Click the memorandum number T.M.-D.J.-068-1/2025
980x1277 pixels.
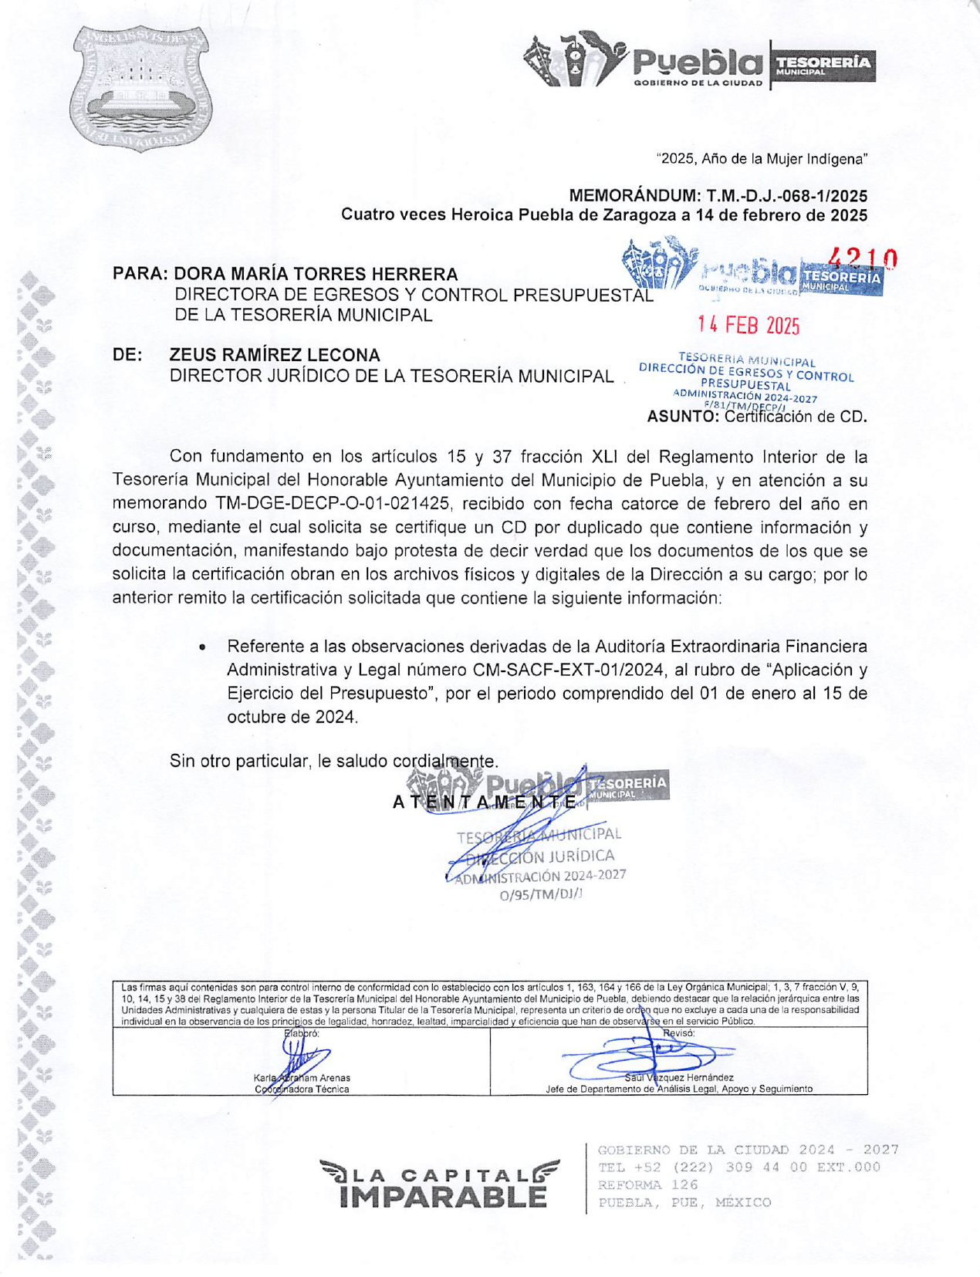pyautogui.click(x=786, y=196)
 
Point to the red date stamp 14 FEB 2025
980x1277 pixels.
pyautogui.click(x=749, y=326)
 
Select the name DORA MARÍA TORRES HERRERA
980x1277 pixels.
pyautogui.click(x=316, y=274)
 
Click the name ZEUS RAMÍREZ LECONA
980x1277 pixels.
pyautogui.click(x=275, y=355)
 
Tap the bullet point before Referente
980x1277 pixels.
pyautogui.click(x=202, y=647)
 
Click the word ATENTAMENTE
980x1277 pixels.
pyautogui.click(x=485, y=802)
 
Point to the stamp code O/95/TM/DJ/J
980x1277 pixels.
pyautogui.click(x=541, y=895)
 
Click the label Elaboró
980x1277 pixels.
pyautogui.click(x=302, y=1033)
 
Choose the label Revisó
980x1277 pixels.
pyautogui.click(x=678, y=1033)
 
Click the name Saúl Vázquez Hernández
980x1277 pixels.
pyautogui.click(x=679, y=1077)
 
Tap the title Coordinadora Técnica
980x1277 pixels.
pyautogui.click(x=302, y=1090)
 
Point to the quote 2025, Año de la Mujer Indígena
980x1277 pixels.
pyautogui.click(x=762, y=159)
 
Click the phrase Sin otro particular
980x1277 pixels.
pyautogui.click(x=241, y=761)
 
